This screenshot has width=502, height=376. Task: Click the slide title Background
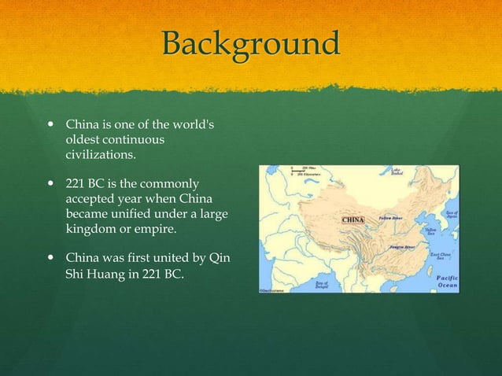(250, 43)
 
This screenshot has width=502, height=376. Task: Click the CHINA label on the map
(351, 219)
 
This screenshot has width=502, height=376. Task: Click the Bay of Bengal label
(322, 284)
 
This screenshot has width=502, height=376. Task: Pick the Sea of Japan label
(450, 213)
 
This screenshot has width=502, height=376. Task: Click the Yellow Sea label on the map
(432, 231)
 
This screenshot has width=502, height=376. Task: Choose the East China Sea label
(441, 256)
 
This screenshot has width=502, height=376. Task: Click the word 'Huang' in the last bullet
(104, 274)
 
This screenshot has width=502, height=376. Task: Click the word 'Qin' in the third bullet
(221, 257)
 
